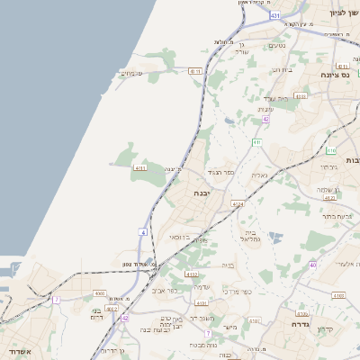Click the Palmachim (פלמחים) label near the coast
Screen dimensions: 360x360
[x=131, y=74]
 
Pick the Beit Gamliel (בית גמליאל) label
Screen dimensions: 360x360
[x=249, y=237]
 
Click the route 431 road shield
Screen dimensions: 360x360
[x=274, y=16]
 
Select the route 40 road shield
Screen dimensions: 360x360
[x=312, y=265]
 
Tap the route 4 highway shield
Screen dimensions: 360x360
[x=142, y=232]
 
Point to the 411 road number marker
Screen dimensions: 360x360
[x=256, y=142]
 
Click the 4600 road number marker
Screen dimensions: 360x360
[x=100, y=293]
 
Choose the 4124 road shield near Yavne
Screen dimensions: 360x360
[x=237, y=205]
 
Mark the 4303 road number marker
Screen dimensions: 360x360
[x=301, y=95]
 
